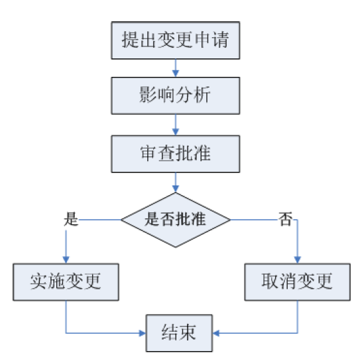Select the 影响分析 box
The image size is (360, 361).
pos(176,96)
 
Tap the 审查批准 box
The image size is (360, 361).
pos(176,153)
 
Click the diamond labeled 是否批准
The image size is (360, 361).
pos(176,220)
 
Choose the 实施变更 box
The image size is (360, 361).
pos(66,282)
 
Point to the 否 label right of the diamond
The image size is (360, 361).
pos(286,220)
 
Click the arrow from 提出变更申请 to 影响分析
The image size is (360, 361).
pos(176,67)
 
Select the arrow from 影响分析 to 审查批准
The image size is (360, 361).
pos(176,124)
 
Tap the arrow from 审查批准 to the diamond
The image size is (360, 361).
pos(176,183)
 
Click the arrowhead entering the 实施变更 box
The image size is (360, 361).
pos(66,259)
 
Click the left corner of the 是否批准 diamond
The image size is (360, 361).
pos(121,220)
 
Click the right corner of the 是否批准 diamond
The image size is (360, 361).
pos(231,220)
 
